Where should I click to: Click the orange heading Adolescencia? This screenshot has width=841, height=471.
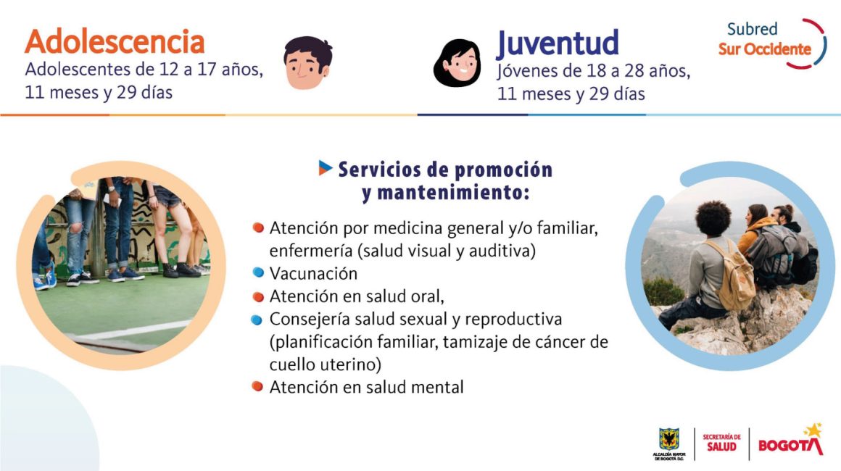pyautogui.click(x=115, y=42)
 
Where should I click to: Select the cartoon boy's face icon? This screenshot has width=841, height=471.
pyautogui.click(x=307, y=62)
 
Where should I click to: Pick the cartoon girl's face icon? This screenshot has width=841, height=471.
pyautogui.click(x=457, y=63)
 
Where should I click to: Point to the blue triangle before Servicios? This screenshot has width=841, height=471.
pyautogui.click(x=325, y=167)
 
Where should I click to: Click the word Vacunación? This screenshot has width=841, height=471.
pyautogui.click(x=313, y=273)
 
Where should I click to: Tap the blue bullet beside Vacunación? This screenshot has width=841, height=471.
pyautogui.click(x=258, y=272)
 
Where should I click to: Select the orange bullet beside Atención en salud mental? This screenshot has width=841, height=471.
pyautogui.click(x=257, y=385)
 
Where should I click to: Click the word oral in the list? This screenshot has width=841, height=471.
pyautogui.click(x=427, y=296)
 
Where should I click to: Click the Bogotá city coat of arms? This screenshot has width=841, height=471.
pyautogui.click(x=669, y=443)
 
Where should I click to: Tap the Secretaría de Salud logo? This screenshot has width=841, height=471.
pyautogui.click(x=721, y=443)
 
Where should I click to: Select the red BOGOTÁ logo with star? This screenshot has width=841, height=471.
pyautogui.click(x=790, y=440)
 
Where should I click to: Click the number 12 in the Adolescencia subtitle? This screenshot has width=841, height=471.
pyautogui.click(x=169, y=69)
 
